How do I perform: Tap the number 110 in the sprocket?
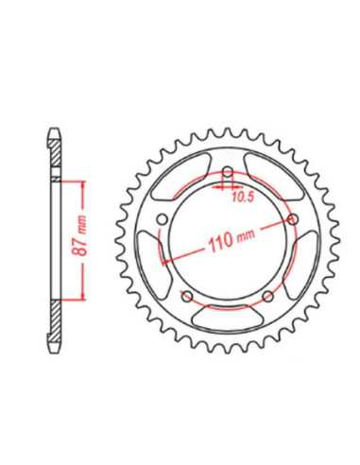click(221, 242)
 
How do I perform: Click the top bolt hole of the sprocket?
click(227, 173)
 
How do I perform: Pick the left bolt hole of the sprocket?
click(162, 219)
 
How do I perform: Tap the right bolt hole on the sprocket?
click(293, 219)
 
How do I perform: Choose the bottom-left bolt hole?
click(187, 296)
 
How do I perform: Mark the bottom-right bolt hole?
click(268, 296)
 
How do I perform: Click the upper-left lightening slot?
click(180, 176)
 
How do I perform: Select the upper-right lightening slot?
click(274, 176)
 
